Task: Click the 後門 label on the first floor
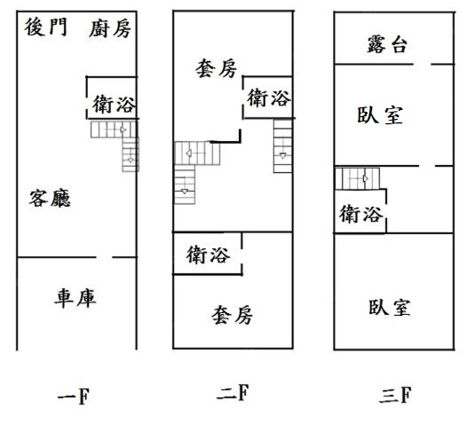pyautogui.click(x=45, y=27)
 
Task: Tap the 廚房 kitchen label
pyautogui.click(x=110, y=28)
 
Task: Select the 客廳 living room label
pyautogui.click(x=50, y=198)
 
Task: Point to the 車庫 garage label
pyautogui.click(x=75, y=298)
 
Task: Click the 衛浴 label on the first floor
pyautogui.click(x=114, y=104)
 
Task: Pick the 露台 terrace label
pyautogui.click(x=387, y=44)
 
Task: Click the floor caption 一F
pyautogui.click(x=74, y=397)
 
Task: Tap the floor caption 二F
pyautogui.click(x=233, y=393)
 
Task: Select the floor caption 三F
pyautogui.click(x=395, y=395)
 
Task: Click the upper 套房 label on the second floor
pyautogui.click(x=217, y=68)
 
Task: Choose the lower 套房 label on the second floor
pyautogui.click(x=232, y=315)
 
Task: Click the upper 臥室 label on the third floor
pyautogui.click(x=380, y=115)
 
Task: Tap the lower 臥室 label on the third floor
pyautogui.click(x=390, y=307)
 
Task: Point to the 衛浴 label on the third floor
pyautogui.click(x=360, y=214)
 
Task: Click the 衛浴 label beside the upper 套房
pyautogui.click(x=269, y=98)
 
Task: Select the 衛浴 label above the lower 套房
pyautogui.click(x=208, y=255)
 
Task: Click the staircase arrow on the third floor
pyautogui.click(x=366, y=178)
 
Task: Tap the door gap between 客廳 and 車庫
pyautogui.click(x=104, y=257)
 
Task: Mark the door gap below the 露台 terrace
pyautogui.click(x=422, y=64)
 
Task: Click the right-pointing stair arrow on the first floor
pyautogui.click(x=123, y=130)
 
